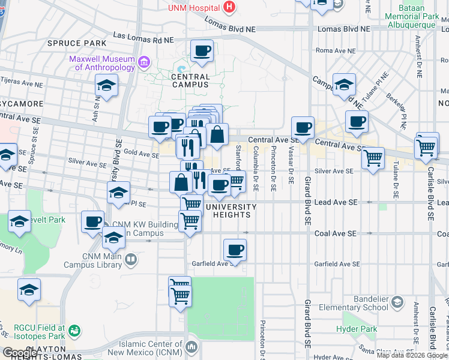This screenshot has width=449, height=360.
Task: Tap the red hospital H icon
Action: [x=228, y=7]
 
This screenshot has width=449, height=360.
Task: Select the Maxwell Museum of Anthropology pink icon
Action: [x=143, y=62]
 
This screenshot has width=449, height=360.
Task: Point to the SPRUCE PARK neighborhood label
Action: [x=77, y=43]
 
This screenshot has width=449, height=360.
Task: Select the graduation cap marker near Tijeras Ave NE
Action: [x=106, y=86]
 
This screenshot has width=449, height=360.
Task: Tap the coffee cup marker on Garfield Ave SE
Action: [x=235, y=250]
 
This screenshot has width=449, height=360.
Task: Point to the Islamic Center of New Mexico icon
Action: [x=191, y=347]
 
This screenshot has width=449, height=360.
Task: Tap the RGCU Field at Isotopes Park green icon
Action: [x=74, y=331]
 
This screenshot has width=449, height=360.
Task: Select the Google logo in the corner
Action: [x=20, y=353]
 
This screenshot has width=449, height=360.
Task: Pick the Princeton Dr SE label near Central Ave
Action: [x=273, y=169]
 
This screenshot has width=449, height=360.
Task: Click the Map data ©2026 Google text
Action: [x=412, y=355]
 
